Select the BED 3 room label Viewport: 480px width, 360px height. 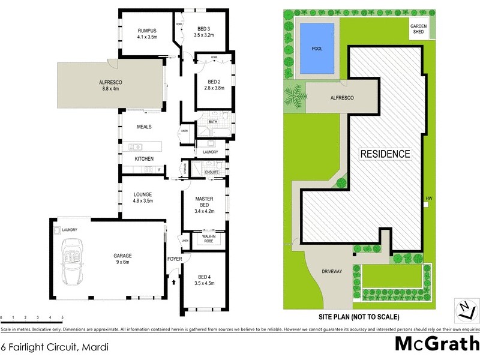click(x=204, y=32)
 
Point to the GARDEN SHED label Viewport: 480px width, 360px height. click(x=418, y=30)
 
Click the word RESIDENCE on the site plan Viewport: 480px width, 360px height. click(x=385, y=154)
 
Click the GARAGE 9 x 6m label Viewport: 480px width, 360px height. click(x=123, y=259)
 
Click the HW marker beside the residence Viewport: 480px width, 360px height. click(x=428, y=199)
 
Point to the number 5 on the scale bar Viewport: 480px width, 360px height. click(x=62, y=317)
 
